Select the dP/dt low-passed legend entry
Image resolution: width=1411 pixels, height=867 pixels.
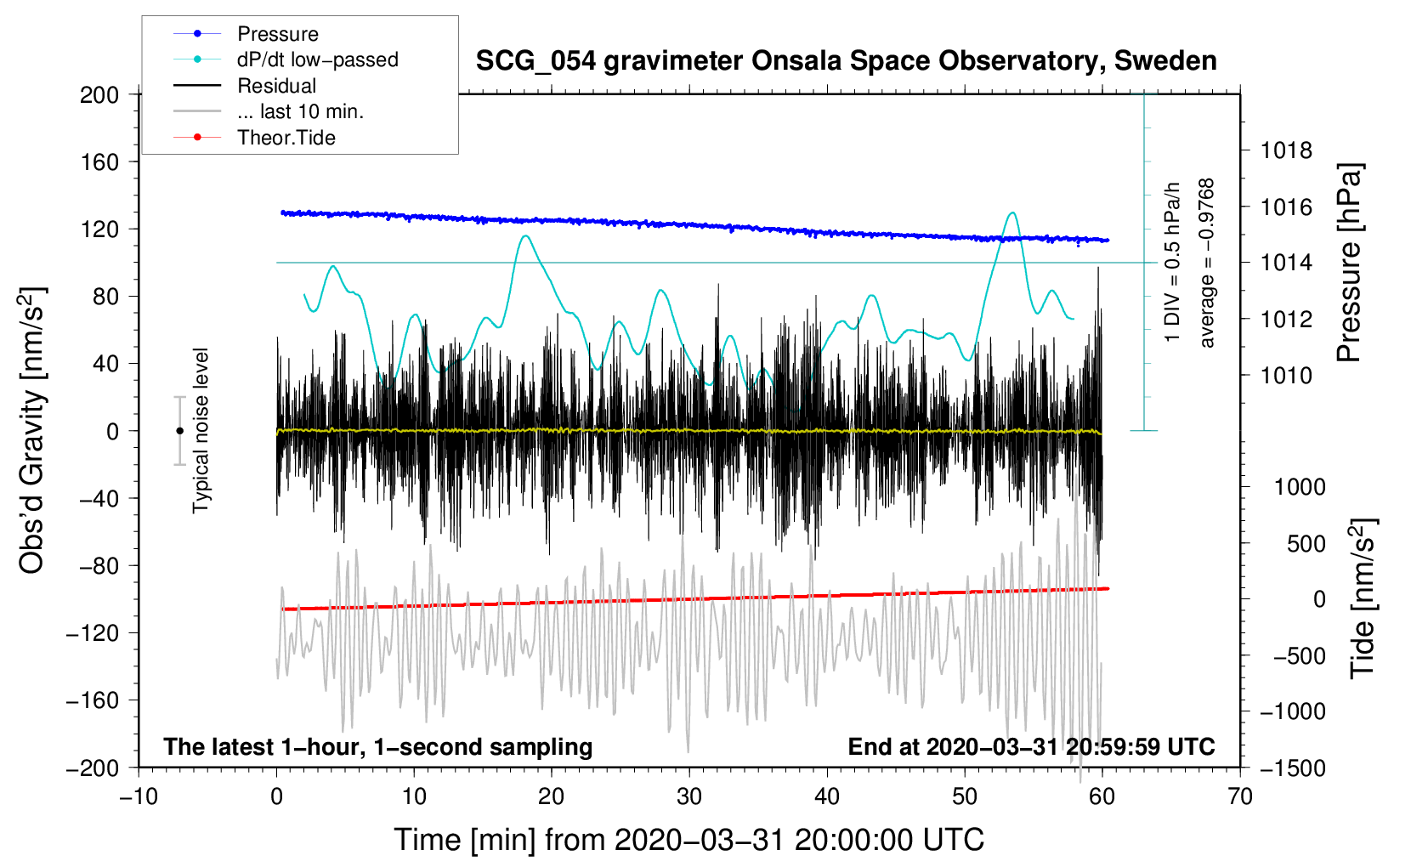coord(317,59)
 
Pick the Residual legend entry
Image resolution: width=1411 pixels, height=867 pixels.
coord(276,86)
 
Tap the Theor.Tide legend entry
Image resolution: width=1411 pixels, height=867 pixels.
coord(286,138)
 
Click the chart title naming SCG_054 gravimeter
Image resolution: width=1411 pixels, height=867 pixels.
coord(846,61)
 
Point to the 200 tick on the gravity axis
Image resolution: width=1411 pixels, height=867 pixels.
coord(99,94)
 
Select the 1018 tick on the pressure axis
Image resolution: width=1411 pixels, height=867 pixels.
coord(1286,151)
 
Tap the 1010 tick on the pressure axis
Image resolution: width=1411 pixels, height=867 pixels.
coord(1286,375)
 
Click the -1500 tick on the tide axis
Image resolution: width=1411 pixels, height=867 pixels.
coord(1292,768)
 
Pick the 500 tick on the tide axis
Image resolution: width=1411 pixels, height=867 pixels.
coord(1306,543)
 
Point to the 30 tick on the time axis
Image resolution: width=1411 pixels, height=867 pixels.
coord(689,796)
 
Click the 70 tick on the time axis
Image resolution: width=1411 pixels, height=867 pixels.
coord(1240,796)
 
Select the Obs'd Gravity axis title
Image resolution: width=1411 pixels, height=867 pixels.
coord(31,430)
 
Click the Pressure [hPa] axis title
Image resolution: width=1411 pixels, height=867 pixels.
coord(1349,263)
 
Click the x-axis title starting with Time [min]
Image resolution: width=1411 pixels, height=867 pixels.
coord(689,840)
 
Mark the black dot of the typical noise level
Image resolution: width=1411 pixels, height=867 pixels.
coord(179,431)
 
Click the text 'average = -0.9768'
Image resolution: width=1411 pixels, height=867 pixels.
coord(1207,263)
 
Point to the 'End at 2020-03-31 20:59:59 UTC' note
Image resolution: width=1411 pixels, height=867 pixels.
coord(1031,747)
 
